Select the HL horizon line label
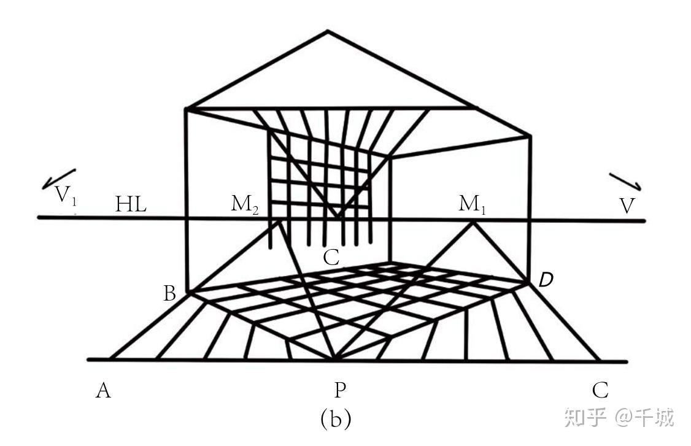[x=131, y=205]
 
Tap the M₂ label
[x=245, y=204]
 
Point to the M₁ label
[x=473, y=204]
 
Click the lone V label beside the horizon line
[x=626, y=206]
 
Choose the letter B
[x=170, y=294]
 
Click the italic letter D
[x=546, y=280]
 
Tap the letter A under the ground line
[x=103, y=390]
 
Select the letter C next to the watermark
[x=600, y=390]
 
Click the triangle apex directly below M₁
[x=473, y=223]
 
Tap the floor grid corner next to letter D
[x=529, y=282]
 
